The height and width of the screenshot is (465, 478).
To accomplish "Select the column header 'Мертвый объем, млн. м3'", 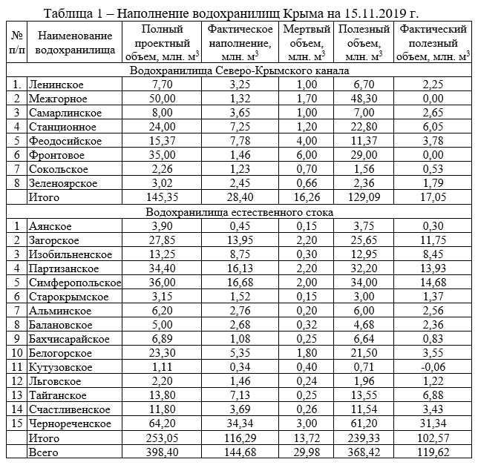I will point(306,43).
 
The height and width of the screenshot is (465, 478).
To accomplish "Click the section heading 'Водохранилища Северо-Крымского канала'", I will point(239,71).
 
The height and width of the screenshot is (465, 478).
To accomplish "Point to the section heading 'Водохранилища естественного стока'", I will point(239,212).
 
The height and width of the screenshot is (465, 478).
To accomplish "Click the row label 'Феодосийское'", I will point(65,141).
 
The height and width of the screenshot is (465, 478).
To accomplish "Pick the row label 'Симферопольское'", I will point(73,283).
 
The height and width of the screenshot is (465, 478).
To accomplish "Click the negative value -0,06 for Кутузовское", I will point(433,367).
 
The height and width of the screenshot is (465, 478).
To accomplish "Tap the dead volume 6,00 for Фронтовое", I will point(306,156).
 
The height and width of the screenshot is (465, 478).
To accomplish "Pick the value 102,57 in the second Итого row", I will point(433,438).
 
